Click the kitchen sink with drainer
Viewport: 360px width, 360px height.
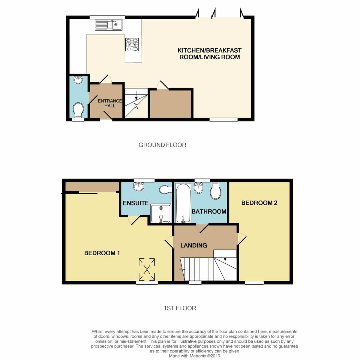pyautogui.click(x=108, y=25)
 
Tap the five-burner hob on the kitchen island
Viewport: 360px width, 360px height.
pyautogui.click(x=132, y=45)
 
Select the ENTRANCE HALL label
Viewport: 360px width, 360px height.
pyautogui.click(x=110, y=103)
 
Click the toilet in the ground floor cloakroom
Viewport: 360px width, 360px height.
pyautogui.click(x=78, y=111)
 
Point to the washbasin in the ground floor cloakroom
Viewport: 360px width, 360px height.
pyautogui.click(x=78, y=80)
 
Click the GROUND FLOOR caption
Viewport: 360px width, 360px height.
pyautogui.click(x=162, y=145)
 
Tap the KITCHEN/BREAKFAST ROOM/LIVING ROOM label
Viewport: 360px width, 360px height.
pyautogui.click(x=209, y=54)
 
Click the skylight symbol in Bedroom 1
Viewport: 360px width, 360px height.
pyautogui.click(x=147, y=270)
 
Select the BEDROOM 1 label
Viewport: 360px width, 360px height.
pyautogui.click(x=102, y=253)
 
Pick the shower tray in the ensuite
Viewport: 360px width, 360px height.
pyautogui.click(x=161, y=213)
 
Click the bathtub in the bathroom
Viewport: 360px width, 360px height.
pyautogui.click(x=183, y=203)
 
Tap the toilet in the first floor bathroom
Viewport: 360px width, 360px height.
pyautogui.click(x=216, y=191)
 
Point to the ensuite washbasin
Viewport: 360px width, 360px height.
pyautogui.click(x=139, y=186)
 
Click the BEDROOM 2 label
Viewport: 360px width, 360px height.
pyautogui.click(x=259, y=203)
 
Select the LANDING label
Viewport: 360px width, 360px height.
pyautogui.click(x=194, y=245)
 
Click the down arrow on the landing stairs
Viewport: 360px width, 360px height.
pyautogui.click(x=225, y=256)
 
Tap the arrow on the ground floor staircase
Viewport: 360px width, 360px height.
pyautogui.click(x=136, y=95)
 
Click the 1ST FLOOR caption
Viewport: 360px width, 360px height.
pyautogui.click(x=180, y=308)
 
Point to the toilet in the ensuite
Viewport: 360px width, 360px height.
pyautogui.click(x=166, y=189)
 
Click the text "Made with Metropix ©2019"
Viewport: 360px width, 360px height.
pyautogui.click(x=194, y=356)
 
